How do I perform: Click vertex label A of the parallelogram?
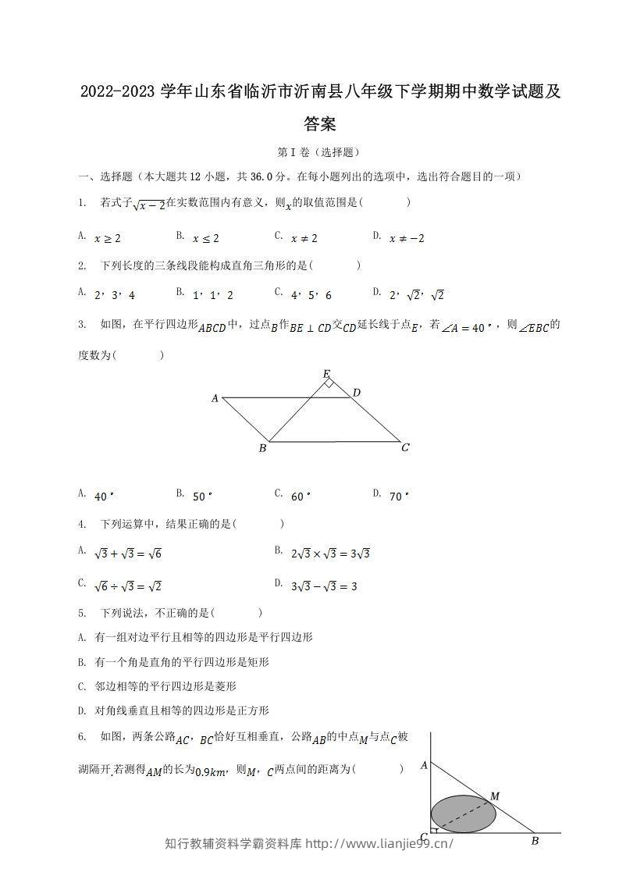coord(215,398)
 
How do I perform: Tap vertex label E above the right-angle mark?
coord(326,374)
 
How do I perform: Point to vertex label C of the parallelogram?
coord(405,447)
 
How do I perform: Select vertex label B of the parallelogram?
coord(263,448)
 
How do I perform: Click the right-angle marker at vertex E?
coord(330,383)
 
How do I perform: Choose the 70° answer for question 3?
coord(399,496)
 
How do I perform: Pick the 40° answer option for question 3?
coord(104,496)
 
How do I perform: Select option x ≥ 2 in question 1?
coord(107,238)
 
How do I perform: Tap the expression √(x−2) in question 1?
coord(149,205)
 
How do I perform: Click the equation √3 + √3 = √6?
coord(127,554)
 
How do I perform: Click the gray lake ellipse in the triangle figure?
coord(463,816)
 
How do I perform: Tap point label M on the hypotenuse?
coord(494,796)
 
